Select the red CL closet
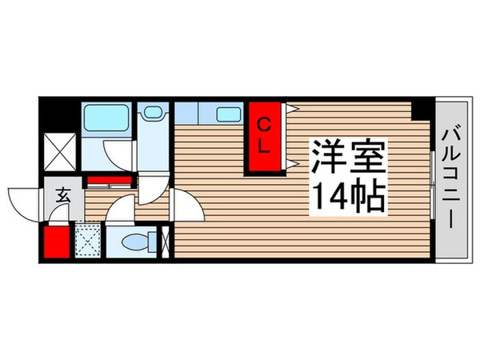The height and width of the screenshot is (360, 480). (262, 137)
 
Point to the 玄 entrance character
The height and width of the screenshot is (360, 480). (62, 192)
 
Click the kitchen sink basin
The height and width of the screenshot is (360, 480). (229, 114)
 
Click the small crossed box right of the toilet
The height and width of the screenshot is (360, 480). (166, 242)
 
